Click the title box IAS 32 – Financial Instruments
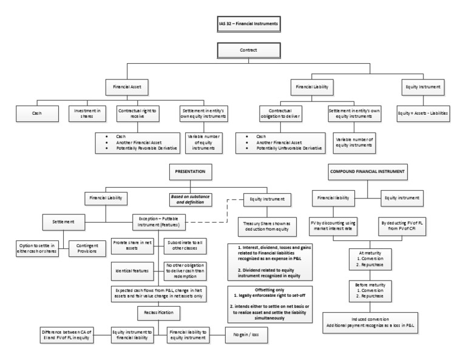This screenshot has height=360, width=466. click(248, 24)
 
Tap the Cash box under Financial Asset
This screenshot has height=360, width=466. click(37, 113)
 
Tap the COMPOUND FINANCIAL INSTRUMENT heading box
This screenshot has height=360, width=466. click(366, 172)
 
